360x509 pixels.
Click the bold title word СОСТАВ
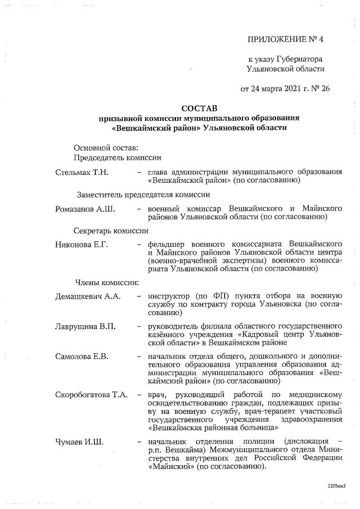199,107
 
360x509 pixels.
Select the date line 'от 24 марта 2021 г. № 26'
285,88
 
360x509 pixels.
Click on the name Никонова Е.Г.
82,244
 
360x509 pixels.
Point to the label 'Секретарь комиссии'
111,231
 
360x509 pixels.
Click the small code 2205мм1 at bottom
336,485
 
